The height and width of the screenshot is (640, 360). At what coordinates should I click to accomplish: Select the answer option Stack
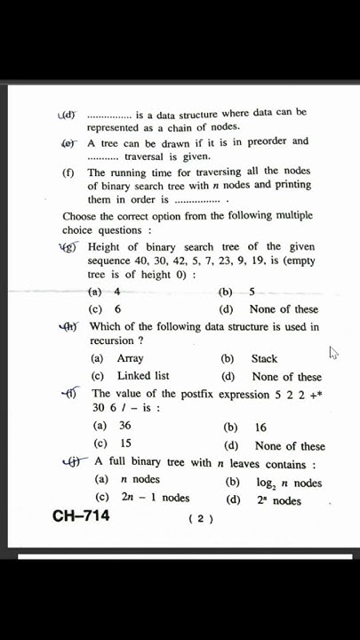tap(264, 359)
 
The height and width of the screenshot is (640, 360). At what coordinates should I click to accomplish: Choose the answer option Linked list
tap(142, 376)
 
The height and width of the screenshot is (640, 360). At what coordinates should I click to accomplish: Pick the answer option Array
tap(130, 359)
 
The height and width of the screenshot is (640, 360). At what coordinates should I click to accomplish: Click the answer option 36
tap(124, 426)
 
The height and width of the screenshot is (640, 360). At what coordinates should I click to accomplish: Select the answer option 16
tap(260, 428)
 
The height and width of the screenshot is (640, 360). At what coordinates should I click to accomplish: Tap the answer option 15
tap(125, 444)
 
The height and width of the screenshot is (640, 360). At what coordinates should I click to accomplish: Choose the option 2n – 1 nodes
tap(156, 499)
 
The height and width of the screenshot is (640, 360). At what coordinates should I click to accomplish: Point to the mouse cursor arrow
tap(333, 353)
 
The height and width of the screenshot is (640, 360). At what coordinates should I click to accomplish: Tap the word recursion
tap(111, 340)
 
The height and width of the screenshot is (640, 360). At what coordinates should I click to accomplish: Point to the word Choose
tap(80, 216)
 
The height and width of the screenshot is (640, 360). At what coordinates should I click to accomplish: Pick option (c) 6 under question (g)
tap(116, 309)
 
